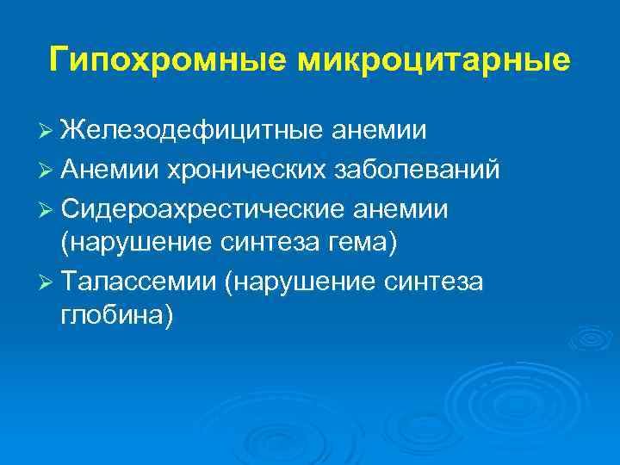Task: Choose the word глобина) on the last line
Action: (x=116, y=316)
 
